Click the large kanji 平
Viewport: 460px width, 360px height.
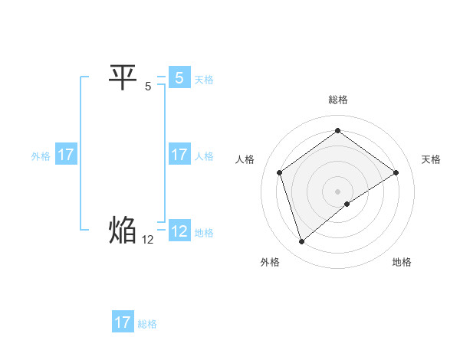pos(123,77)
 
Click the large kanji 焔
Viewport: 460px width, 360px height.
pos(123,230)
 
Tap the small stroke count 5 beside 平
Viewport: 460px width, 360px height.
pos(148,87)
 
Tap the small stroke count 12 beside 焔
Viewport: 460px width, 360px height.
pos(148,239)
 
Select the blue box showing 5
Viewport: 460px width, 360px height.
pos(179,78)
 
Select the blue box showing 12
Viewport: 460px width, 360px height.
pos(179,231)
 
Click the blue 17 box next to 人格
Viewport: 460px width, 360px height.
pos(179,155)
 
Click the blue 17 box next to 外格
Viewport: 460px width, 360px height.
pos(65,155)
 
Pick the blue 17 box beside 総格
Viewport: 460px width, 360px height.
pos(123,322)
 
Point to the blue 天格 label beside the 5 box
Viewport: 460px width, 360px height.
pos(204,80)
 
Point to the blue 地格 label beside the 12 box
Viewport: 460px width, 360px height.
pos(204,233)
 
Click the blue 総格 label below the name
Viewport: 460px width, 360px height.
pos(147,324)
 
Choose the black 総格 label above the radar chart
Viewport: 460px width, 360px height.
pos(337,100)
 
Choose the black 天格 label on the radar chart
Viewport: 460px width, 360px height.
pos(431,159)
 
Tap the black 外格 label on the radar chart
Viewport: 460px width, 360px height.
pos(270,262)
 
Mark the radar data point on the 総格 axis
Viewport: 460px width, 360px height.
pos(337,131)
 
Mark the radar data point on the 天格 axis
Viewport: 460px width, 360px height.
pos(396,172)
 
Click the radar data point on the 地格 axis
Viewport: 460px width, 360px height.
pos(347,204)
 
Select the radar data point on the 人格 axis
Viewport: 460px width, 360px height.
pos(280,172)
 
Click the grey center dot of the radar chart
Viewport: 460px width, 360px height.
pos(337,191)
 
